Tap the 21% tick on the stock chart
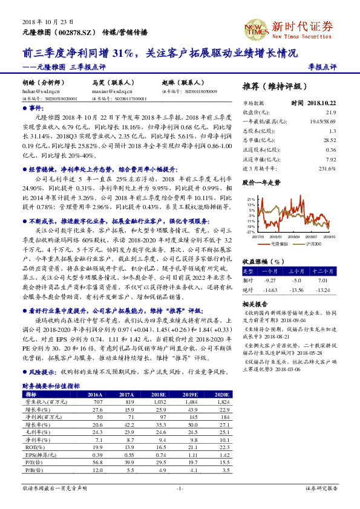pyautogui.click(x=250, y=198)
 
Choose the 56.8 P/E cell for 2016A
pyautogui.click(x=96, y=461)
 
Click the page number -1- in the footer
pyautogui.click(x=180, y=488)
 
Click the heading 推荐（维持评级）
pyautogui.click(x=273, y=86)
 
